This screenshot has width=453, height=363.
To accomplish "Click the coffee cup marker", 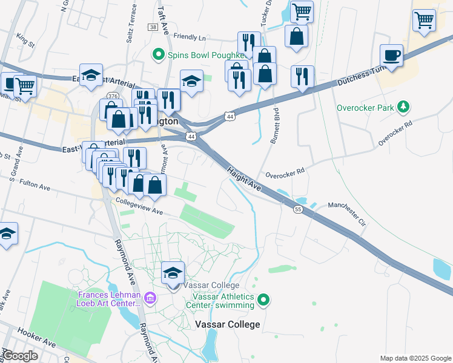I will (392, 56).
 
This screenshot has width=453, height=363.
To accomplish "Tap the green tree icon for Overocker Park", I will (403, 108).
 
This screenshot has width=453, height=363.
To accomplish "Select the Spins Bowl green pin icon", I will (159, 54).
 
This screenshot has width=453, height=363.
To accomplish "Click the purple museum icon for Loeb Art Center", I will (151, 298).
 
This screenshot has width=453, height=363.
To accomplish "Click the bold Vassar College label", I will (228, 324).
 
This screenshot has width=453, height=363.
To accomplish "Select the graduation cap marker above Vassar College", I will (173, 273).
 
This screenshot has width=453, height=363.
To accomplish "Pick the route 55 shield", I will (298, 209).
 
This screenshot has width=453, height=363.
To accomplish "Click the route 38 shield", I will (152, 28).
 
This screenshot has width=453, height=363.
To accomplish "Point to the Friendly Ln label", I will (190, 37).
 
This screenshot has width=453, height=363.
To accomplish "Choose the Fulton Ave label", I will (35, 184).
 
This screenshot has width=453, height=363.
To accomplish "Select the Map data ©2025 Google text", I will (415, 358).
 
